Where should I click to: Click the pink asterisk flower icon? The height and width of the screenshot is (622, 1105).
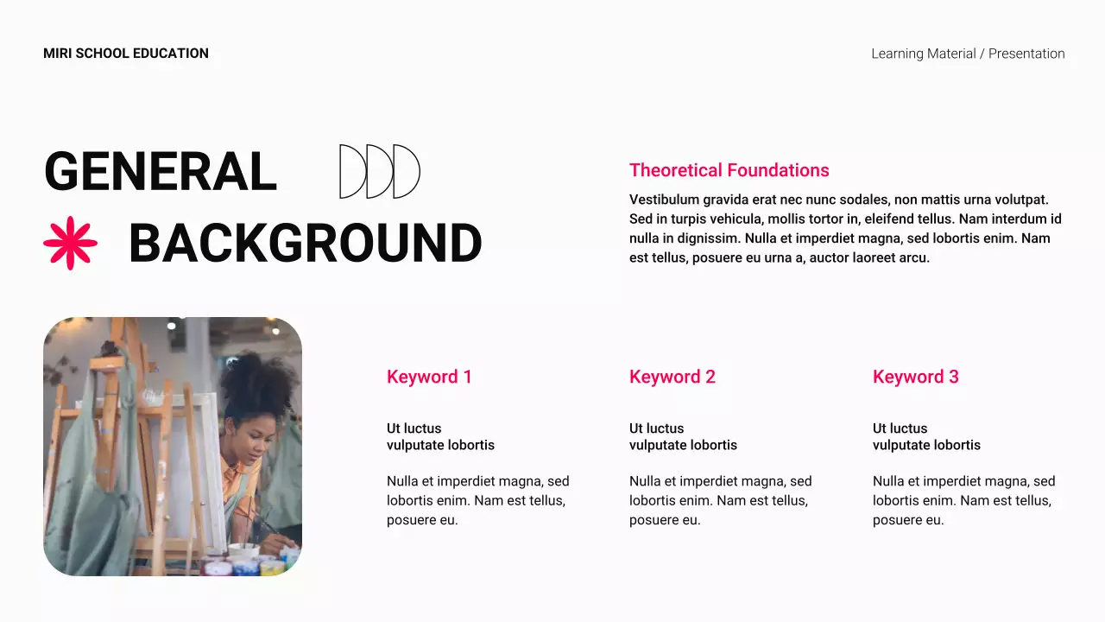70,243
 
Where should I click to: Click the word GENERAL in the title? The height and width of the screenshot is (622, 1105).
161,172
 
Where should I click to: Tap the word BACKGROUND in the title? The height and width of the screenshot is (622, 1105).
305,244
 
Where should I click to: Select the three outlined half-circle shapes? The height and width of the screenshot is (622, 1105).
380,172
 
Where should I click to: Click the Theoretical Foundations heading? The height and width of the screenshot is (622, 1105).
729,170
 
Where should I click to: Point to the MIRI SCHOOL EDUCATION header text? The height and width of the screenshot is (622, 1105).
126,54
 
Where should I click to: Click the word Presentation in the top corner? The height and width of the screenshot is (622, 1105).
1026,54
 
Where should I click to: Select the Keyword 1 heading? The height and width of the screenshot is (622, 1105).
429,377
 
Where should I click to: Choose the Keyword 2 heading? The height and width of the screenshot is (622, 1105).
672,377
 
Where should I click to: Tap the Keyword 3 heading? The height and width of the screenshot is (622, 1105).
915,377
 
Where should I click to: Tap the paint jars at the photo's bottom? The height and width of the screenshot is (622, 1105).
250,563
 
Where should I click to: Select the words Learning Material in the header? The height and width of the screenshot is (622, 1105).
923,54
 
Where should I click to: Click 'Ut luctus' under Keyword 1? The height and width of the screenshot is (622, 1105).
414,428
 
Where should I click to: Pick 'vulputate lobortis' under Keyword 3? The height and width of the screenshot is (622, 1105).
926,446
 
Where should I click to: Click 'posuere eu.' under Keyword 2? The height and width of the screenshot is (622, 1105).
665,520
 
